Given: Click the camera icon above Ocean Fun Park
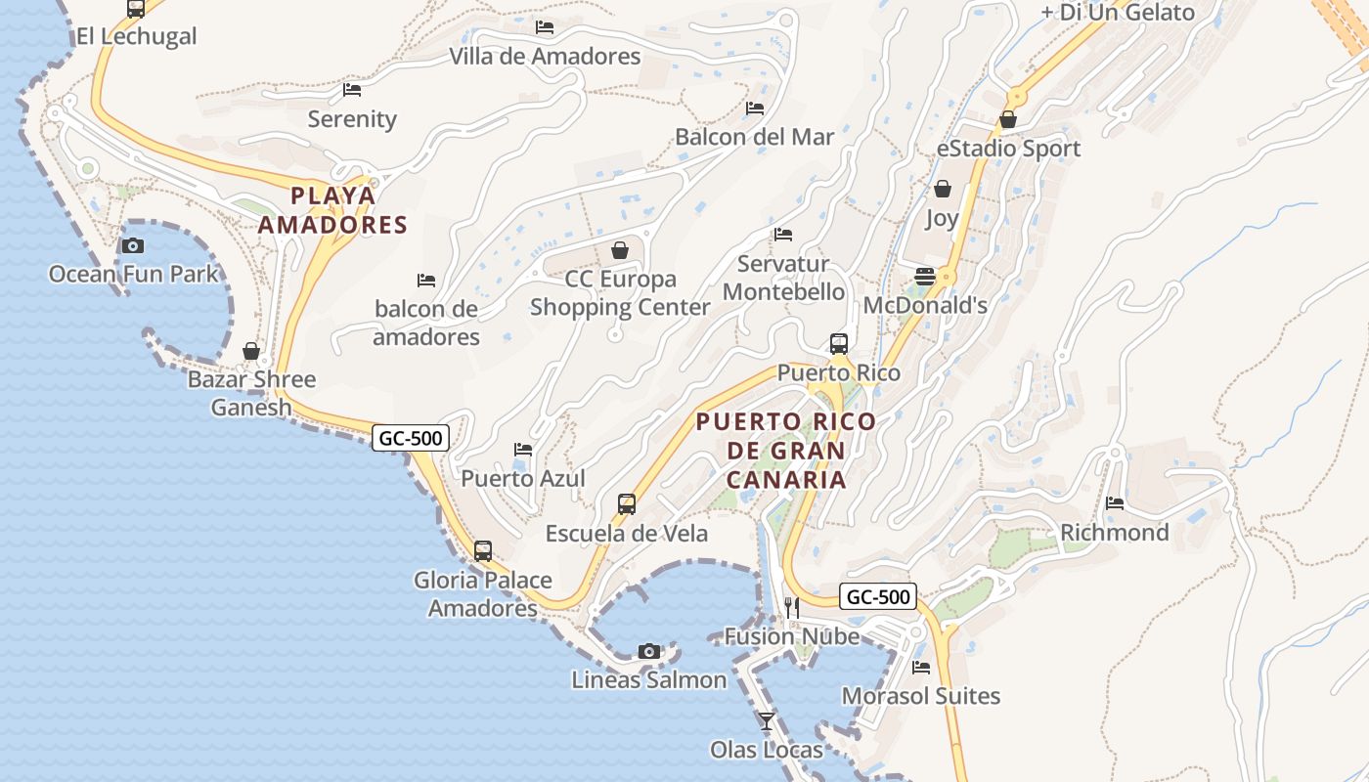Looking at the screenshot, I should click(x=133, y=245).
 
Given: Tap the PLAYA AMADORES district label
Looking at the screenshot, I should click(x=333, y=210).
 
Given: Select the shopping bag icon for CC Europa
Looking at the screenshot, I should click(x=619, y=251).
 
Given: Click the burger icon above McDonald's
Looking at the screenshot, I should click(x=925, y=277).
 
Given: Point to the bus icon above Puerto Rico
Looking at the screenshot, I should click(x=839, y=343).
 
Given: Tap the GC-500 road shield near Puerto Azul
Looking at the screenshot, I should click(x=411, y=438).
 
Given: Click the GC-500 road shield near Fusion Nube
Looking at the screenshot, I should click(x=878, y=596).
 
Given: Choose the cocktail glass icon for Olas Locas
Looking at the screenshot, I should click(x=767, y=721).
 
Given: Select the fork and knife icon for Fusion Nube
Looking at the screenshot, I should click(x=792, y=608).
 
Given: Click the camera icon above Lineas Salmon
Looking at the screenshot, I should click(x=648, y=651).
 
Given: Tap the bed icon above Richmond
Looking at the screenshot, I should click(x=1115, y=503).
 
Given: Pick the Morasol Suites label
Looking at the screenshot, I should click(x=921, y=696).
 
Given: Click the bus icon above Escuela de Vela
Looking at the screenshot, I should click(x=627, y=504).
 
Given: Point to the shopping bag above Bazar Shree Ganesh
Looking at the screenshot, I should click(x=251, y=351).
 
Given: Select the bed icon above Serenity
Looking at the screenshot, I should click(x=352, y=90).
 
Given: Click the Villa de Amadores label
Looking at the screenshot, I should click(x=545, y=57).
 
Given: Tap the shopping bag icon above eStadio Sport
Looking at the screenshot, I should click(x=1008, y=119).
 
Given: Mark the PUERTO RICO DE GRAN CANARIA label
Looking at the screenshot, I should click(x=786, y=451).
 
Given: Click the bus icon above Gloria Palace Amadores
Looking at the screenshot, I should click(x=483, y=550).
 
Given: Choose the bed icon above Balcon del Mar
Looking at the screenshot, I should click(x=755, y=108).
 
